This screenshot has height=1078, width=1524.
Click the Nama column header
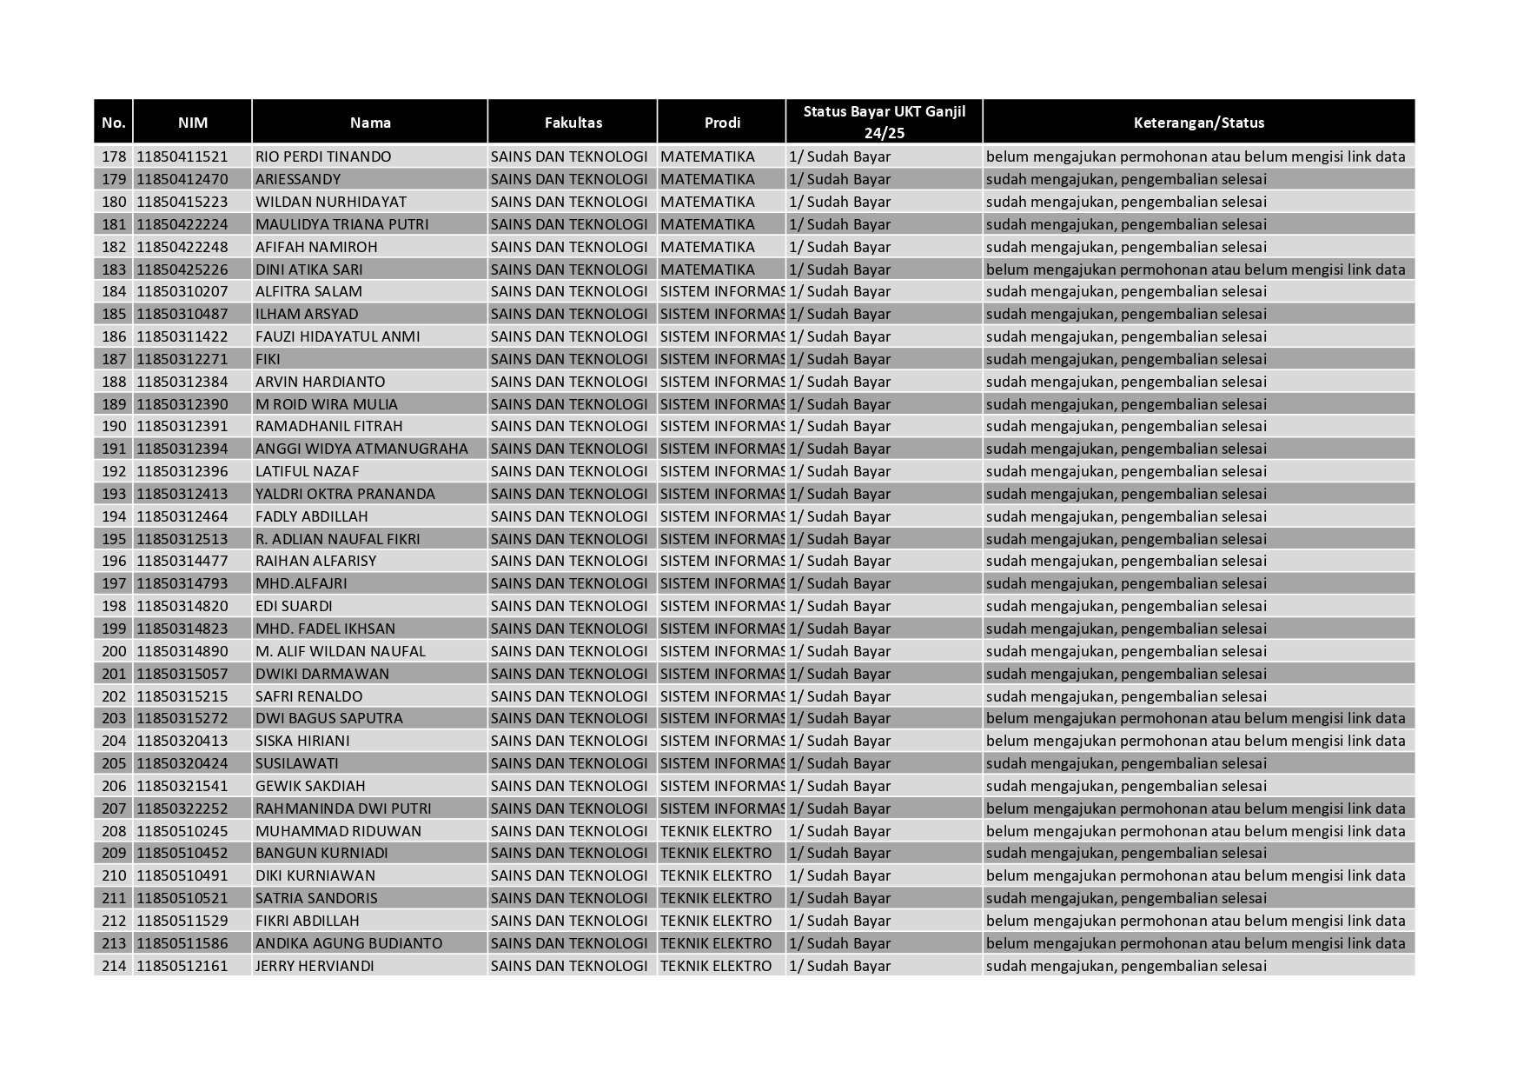370,123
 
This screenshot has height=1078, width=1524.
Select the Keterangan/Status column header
1198,123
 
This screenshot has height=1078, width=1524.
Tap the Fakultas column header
573,123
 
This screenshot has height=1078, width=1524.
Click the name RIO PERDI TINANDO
323,157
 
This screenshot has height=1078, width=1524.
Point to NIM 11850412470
182,180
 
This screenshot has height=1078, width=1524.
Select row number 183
114,269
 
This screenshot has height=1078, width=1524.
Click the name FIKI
268,359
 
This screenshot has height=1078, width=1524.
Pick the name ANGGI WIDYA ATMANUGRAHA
361,449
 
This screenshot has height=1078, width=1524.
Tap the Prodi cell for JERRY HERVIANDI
716,966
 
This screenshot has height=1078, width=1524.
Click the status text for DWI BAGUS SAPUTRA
1196,718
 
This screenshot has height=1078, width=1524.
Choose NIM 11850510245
182,831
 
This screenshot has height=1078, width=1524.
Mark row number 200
114,651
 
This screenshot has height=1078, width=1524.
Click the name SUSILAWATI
297,763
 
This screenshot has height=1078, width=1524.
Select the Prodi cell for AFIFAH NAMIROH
707,247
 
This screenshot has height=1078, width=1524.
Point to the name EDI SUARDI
294,606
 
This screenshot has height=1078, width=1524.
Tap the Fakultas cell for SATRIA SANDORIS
569,898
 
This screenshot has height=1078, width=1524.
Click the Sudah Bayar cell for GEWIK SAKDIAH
840,786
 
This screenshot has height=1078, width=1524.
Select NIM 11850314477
182,561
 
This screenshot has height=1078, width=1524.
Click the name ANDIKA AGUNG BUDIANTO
348,943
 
